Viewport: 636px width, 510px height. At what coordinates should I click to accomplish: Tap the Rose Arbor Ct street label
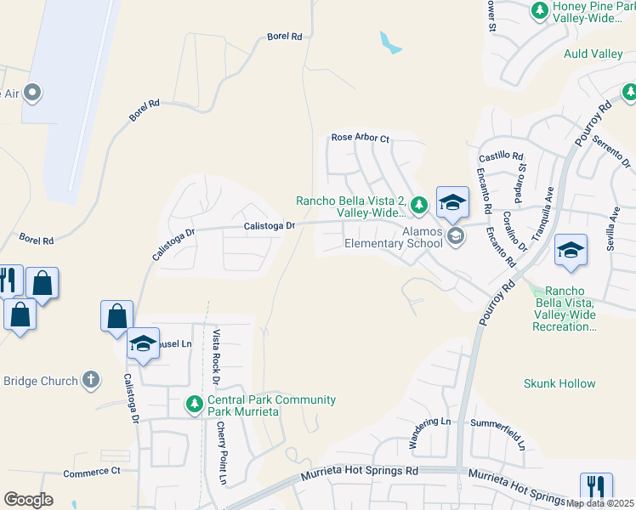[x=360, y=137]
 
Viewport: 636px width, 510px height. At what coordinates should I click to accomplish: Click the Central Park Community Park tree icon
[x=196, y=403]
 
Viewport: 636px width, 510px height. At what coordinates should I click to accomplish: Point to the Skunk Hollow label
[x=559, y=383]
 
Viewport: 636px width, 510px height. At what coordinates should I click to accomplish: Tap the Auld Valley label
[x=593, y=54]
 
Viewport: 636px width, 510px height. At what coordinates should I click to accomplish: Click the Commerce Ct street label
[x=92, y=471]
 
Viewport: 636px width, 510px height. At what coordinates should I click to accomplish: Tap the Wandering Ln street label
[x=429, y=433]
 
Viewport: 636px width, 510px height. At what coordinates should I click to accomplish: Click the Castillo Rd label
[x=501, y=156]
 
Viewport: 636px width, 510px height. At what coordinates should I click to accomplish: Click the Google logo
[x=28, y=500]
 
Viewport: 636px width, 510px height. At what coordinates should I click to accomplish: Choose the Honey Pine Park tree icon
[x=539, y=9]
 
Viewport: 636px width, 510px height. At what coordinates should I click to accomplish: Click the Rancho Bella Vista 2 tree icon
[x=418, y=204]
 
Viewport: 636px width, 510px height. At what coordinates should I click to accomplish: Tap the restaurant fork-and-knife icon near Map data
[x=596, y=488]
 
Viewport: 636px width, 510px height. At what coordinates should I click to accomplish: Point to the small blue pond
[x=389, y=42]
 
